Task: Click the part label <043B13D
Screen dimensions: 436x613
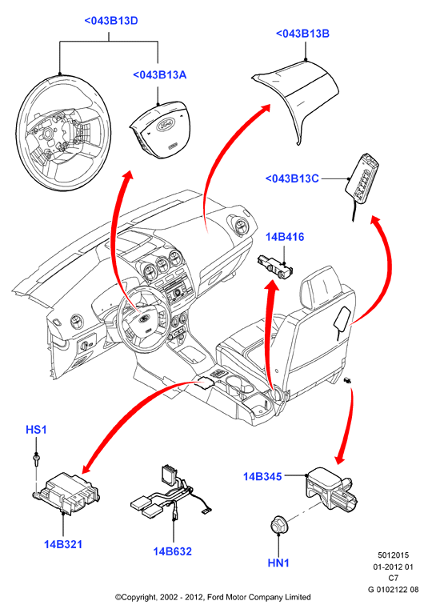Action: click(111, 21)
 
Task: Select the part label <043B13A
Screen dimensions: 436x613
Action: click(160, 74)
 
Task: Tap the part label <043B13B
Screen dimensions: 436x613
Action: click(302, 34)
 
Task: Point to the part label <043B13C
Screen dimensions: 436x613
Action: click(292, 178)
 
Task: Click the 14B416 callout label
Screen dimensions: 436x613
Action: click(285, 237)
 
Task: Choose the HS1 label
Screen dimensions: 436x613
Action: click(36, 430)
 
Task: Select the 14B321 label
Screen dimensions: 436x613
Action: click(63, 544)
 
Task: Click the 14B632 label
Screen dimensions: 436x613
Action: click(173, 551)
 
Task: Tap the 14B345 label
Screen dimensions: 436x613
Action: click(262, 477)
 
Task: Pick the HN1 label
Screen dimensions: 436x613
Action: click(278, 563)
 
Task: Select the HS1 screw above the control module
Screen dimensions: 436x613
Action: click(36, 459)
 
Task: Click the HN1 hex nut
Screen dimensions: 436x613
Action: click(279, 524)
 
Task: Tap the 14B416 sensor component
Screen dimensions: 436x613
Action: click(276, 266)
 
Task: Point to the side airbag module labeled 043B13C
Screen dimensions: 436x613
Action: click(363, 177)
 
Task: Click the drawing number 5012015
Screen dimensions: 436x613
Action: click(393, 555)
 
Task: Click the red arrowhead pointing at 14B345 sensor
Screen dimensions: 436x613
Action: click(339, 459)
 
